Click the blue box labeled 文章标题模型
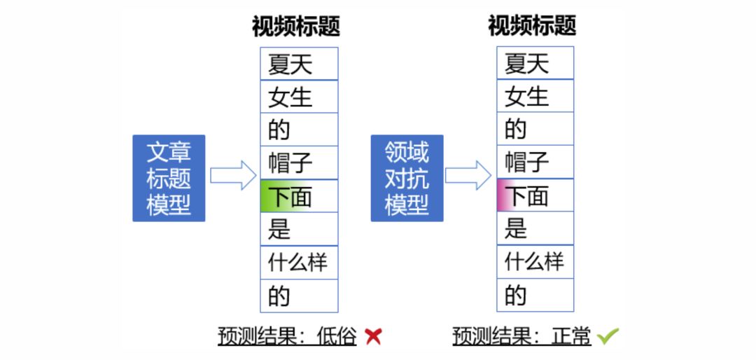coord(169,178)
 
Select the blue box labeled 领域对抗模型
coord(407,178)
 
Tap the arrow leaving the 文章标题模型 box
coord(233,175)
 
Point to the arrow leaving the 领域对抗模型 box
coord(468,175)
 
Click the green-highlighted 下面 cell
coord(299,196)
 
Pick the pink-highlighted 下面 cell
coord(535,195)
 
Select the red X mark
coord(374,336)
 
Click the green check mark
coord(608,336)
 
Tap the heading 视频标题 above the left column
coord(296,26)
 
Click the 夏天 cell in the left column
coord(299,64)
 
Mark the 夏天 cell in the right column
coord(535,64)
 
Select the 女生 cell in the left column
coord(299,97)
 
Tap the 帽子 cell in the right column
coord(535,162)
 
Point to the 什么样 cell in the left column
coord(299,263)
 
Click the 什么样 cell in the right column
coord(535,262)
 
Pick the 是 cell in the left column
coord(299,229)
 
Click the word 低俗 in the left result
coord(341,336)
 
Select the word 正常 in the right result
coord(575,336)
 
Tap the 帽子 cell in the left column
coord(299,163)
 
